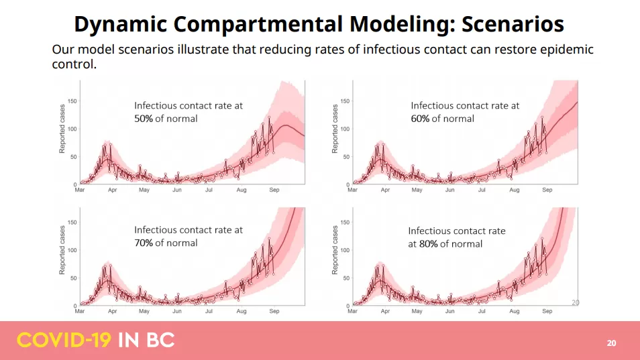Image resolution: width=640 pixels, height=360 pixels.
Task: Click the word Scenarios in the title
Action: coord(513,23)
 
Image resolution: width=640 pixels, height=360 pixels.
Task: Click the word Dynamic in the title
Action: coord(121,24)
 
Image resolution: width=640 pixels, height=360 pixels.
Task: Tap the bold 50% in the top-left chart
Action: coord(144,119)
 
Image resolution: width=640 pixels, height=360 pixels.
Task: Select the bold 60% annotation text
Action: coord(420,119)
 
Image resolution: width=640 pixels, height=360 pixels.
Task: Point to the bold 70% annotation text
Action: coord(144,243)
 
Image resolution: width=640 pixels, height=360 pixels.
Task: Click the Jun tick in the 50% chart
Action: coord(176,190)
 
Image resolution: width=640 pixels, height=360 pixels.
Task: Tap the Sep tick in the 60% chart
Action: coord(547,190)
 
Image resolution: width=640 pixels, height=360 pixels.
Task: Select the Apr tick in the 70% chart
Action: coord(112,311)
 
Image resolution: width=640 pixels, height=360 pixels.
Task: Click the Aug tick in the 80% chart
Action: coord(515,311)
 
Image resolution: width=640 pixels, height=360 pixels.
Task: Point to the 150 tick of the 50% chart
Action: coord(72,101)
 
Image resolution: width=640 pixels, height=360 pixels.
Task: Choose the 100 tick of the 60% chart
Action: coord(345,129)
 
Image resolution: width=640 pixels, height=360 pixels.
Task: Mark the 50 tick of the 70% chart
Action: coord(74,278)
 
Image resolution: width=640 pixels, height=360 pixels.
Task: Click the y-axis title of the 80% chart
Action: coord(335,250)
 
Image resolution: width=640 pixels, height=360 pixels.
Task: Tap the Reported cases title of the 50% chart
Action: coord(62,129)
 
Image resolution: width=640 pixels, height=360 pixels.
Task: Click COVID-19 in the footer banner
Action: coord(64,341)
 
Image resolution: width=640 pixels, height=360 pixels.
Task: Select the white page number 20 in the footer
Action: coord(611,343)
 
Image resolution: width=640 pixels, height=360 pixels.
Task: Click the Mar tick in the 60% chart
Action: coord(352,190)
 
